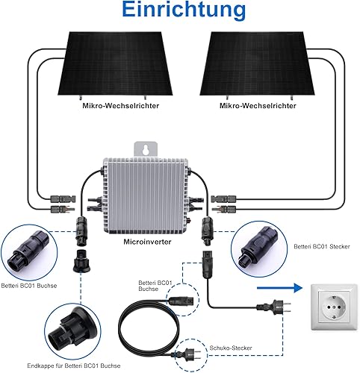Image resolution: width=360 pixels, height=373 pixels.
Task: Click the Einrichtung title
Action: point(184,10)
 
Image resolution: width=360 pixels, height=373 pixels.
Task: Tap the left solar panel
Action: point(115,63)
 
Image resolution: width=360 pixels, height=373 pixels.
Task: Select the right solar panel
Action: point(257,63)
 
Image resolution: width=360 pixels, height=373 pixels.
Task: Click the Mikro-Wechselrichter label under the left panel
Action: point(121,106)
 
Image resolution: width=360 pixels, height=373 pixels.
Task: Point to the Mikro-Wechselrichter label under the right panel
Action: point(258,106)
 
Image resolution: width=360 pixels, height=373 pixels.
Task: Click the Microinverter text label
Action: point(147,242)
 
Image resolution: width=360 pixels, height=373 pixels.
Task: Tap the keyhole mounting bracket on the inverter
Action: point(146,149)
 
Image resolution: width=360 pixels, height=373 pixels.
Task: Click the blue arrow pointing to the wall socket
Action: point(279,288)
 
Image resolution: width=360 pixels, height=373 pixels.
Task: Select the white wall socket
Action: point(335,307)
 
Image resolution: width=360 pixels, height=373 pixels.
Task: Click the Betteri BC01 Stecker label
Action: point(322,247)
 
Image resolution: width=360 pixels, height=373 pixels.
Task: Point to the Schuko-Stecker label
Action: point(231,348)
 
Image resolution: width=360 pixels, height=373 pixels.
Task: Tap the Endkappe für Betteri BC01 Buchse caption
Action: point(74,366)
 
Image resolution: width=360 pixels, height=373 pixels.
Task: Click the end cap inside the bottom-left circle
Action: point(72,330)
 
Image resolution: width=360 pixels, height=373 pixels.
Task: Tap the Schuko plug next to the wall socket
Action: point(274,307)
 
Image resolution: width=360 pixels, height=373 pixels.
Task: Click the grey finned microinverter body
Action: point(145,195)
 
